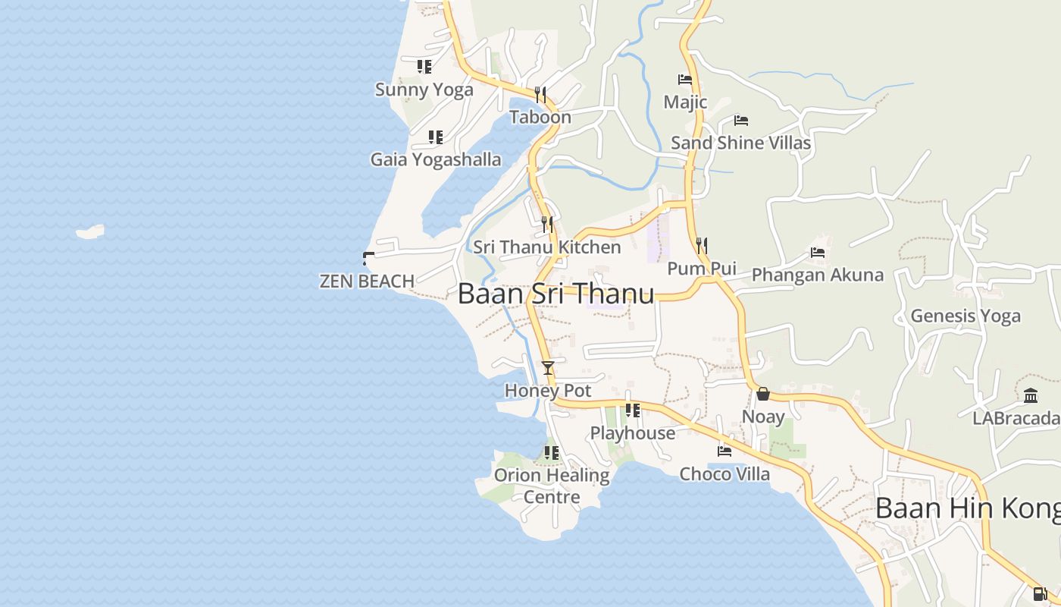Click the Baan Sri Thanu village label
point(556,294)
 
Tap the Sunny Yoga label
point(424,90)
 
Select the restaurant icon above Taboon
point(540,94)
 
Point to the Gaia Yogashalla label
point(435,159)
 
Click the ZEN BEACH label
point(367,281)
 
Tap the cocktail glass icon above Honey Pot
point(548,368)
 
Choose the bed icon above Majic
point(685,79)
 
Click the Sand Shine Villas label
point(740,143)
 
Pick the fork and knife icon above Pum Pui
point(702,245)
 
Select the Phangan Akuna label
point(817,275)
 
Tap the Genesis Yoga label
point(965,316)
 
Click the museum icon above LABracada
point(1030,395)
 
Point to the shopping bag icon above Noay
point(763,394)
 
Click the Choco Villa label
point(724,474)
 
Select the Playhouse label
point(632,433)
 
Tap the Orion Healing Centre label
point(552,486)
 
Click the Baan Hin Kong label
point(967,508)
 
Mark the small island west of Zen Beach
point(90,231)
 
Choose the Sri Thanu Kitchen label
point(546,247)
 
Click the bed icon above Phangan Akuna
point(817,252)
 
